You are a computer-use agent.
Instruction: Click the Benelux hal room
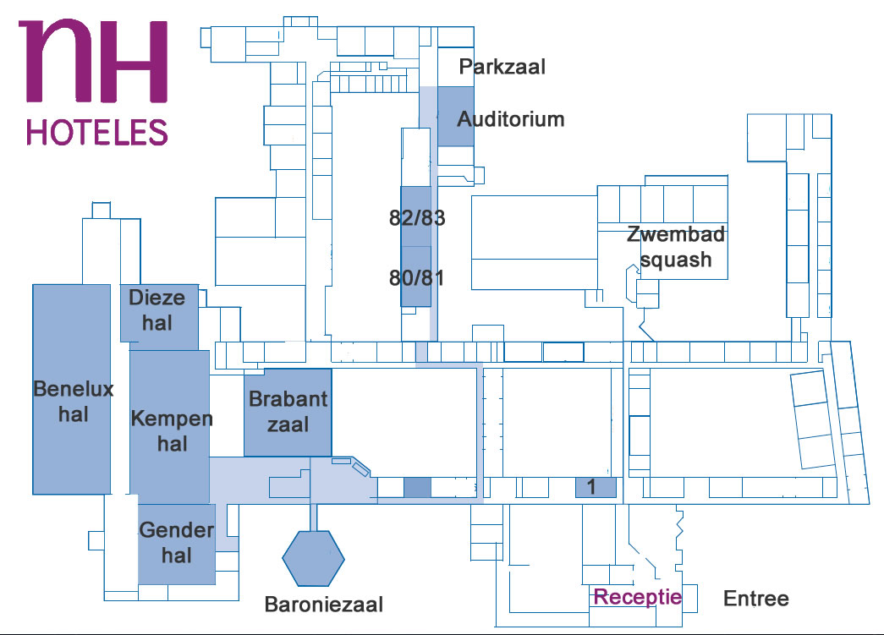pos(72,389)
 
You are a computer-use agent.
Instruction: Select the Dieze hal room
pos(159,314)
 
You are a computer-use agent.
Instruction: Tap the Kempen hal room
pos(170,426)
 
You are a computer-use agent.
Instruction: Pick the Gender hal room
pos(177,544)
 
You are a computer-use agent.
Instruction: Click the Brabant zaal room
pos(288,413)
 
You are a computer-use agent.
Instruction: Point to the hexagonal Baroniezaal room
pos(314,558)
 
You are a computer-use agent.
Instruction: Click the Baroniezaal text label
pos(324,605)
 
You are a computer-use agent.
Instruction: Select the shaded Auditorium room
pos(455,117)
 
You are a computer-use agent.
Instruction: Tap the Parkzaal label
pos(502,67)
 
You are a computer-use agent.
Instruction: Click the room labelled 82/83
pos(416,216)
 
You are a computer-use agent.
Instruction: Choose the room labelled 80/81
pos(416,276)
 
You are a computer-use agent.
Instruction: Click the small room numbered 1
pos(596,487)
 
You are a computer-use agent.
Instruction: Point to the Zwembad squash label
pos(676,247)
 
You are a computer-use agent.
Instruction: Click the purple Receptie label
pos(638,597)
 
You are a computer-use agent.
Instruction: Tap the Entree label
pos(756,599)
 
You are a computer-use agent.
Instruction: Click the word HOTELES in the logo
pos(97,133)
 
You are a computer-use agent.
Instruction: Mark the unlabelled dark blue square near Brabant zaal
pos(417,487)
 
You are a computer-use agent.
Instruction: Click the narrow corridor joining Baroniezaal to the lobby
pos(314,517)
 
